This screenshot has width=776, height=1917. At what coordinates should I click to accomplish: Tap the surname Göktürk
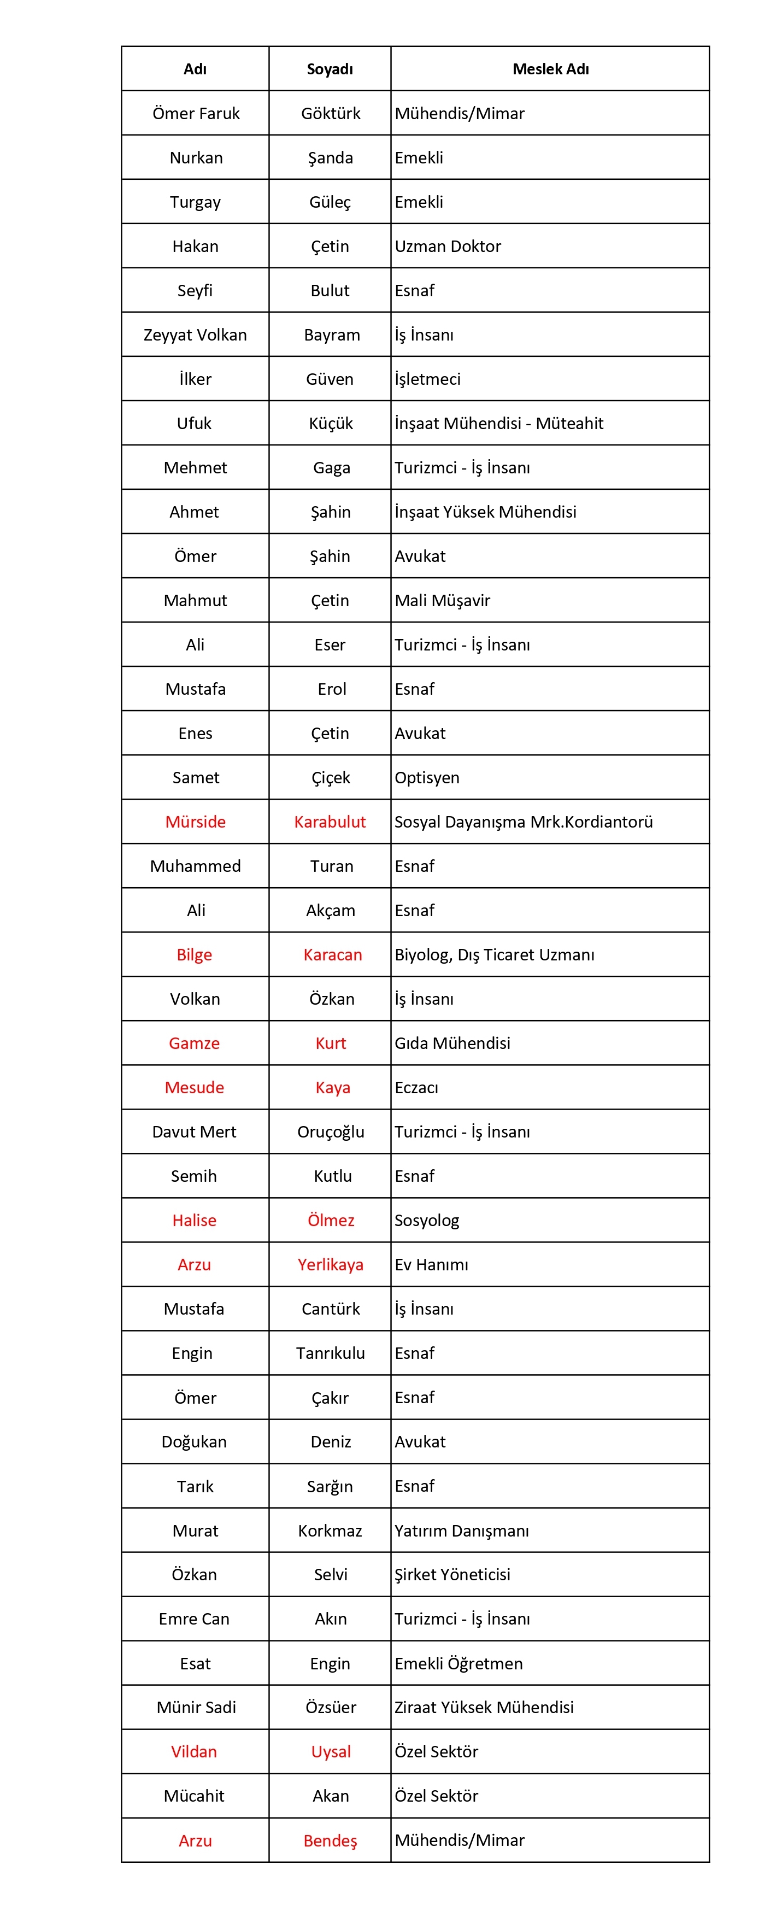coord(330,113)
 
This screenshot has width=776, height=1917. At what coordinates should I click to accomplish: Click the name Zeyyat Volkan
coord(195,335)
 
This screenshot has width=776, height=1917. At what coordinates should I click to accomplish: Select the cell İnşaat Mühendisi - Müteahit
coord(498,424)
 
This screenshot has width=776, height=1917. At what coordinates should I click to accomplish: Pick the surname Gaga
coord(331,467)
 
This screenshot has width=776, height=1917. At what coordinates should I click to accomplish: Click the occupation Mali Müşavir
coord(442,601)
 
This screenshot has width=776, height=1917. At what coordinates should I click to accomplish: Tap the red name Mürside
coord(195,822)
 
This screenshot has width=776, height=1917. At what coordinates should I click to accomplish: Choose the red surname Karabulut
coord(330,822)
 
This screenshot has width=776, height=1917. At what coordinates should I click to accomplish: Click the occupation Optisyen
coord(426,778)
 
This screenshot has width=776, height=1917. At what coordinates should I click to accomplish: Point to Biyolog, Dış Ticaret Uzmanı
coord(494,955)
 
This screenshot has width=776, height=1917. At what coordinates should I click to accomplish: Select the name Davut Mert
coord(194,1132)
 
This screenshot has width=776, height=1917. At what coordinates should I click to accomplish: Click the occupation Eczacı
coord(416,1087)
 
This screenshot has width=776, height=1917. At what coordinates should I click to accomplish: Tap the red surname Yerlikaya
coord(330,1264)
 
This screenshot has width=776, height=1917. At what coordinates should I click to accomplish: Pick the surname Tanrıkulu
coord(330,1353)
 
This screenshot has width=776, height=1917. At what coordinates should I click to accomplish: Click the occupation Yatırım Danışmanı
coord(461,1531)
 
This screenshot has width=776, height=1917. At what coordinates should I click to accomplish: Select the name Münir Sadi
coord(196,1707)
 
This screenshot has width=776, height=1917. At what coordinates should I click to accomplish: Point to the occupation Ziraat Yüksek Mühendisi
coord(484,1707)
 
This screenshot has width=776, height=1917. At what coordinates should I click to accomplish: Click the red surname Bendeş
coord(330,1840)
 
